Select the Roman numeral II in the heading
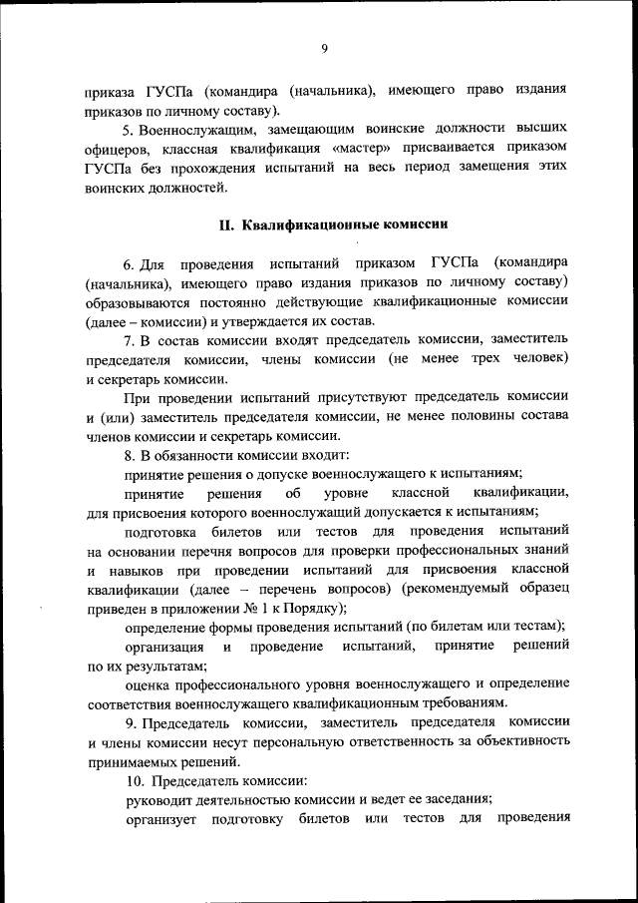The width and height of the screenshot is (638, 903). (226, 225)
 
